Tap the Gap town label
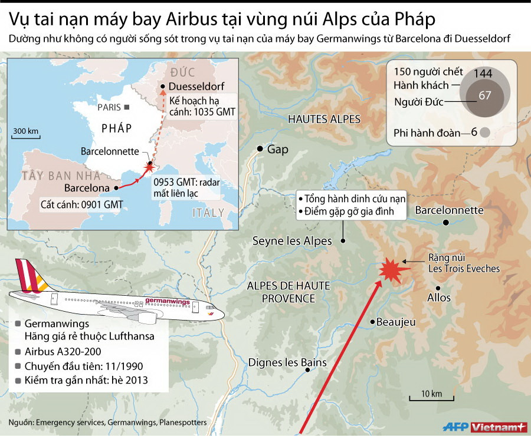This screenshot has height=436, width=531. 278,149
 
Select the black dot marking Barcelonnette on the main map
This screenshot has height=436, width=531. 447,222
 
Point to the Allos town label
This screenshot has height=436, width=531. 439,297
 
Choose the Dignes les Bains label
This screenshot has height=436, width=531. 287,362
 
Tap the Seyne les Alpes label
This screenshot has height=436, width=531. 292,240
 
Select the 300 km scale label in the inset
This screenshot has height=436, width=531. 25,130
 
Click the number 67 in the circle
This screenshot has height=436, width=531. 485,95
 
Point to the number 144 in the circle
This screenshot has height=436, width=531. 482,73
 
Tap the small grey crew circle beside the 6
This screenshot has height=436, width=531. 485,132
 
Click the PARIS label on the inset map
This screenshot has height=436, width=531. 109,107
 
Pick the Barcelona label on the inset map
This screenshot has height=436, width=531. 87,189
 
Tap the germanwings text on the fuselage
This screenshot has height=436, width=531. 167,302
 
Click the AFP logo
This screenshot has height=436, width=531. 455,426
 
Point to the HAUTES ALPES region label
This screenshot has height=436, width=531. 324,119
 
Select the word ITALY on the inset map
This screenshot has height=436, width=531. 208,212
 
